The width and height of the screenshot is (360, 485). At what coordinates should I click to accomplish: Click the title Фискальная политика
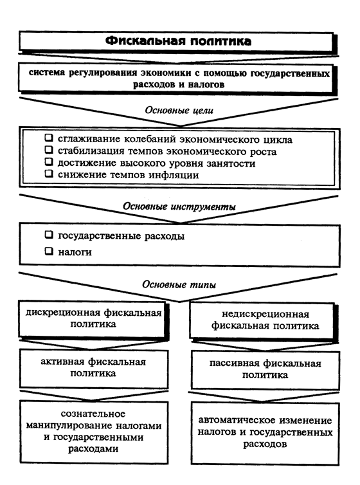coord(178,41)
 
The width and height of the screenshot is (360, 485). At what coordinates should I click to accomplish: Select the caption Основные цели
coord(179,111)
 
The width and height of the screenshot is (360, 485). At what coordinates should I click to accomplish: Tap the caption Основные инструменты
coord(179,206)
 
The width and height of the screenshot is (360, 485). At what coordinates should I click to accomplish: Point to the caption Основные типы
coord(179,284)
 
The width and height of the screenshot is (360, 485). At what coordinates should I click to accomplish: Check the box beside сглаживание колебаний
coord(49,138)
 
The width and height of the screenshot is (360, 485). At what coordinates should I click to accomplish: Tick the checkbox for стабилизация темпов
coord(49,150)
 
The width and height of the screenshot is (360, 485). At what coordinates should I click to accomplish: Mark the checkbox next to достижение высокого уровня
coord(49,161)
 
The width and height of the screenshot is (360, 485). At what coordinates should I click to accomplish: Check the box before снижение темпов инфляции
coord(49,174)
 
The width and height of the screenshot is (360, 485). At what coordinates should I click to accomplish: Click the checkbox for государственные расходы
coord(49,235)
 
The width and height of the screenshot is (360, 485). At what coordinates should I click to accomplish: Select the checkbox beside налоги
coord(49,251)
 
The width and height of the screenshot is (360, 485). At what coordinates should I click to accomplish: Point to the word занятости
coord(231,163)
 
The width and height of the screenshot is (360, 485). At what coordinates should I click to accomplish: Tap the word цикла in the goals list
coord(278,140)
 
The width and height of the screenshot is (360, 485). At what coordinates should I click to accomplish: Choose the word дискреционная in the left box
coord(63,313)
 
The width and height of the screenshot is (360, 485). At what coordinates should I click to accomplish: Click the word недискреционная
coord(265,315)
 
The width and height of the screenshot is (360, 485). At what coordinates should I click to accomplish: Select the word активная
coord(62,362)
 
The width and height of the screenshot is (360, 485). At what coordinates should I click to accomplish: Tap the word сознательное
coord(93,414)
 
